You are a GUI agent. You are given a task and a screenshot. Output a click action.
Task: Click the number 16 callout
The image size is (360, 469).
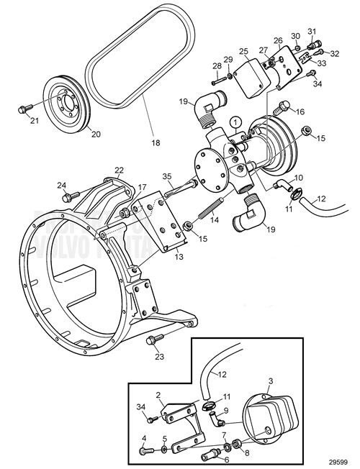pyautogui.click(x=300, y=112)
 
